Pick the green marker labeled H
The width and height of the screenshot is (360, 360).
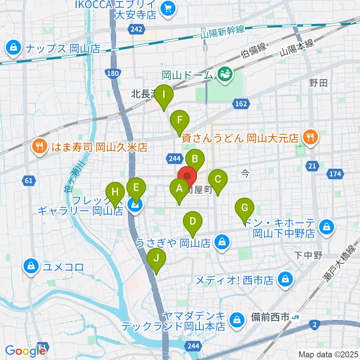[115, 193]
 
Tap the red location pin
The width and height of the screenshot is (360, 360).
[187, 175]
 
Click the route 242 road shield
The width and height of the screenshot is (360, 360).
[134, 28]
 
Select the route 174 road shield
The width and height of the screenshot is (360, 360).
[336, 174]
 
